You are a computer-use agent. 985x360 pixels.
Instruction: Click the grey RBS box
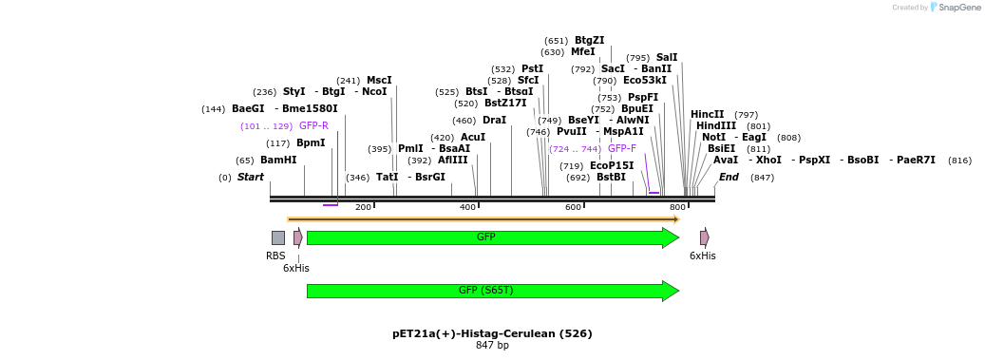(277, 237)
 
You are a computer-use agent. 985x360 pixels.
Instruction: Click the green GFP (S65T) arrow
(492, 291)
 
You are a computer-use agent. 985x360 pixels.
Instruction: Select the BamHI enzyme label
(278, 161)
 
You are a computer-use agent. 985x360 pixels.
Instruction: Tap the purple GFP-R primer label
(313, 126)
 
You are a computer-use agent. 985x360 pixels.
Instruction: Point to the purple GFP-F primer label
(622, 149)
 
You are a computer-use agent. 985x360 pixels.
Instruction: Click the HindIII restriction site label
(715, 126)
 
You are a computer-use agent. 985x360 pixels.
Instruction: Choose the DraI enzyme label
(494, 121)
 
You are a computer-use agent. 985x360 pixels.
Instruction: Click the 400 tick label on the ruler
(467, 207)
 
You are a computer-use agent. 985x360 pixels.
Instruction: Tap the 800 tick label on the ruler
(677, 207)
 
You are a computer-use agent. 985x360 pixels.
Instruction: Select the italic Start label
(251, 178)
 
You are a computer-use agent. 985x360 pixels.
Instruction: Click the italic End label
(729, 178)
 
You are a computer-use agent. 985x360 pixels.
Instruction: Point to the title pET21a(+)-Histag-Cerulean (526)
(492, 333)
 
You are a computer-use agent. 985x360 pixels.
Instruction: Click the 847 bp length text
(492, 346)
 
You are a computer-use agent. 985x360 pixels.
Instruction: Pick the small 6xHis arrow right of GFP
(704, 237)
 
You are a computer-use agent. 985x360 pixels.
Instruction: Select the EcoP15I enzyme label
(612, 166)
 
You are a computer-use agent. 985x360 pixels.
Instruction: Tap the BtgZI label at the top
(589, 40)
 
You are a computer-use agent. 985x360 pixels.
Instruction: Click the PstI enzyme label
(532, 69)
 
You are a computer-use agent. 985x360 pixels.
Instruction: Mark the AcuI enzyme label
(473, 138)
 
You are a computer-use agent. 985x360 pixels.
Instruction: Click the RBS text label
(275, 256)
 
